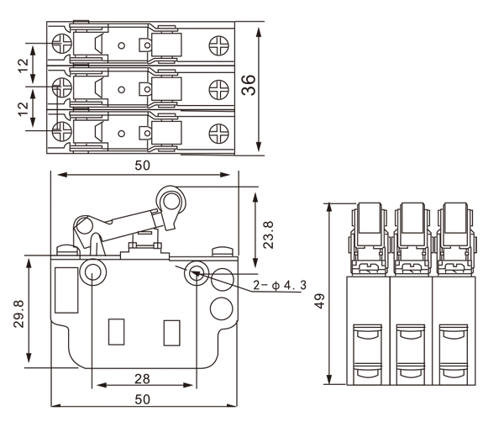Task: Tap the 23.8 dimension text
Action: [268, 236]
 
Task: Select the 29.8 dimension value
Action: [18, 314]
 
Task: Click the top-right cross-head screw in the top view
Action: [219, 42]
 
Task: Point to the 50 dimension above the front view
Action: [142, 166]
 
